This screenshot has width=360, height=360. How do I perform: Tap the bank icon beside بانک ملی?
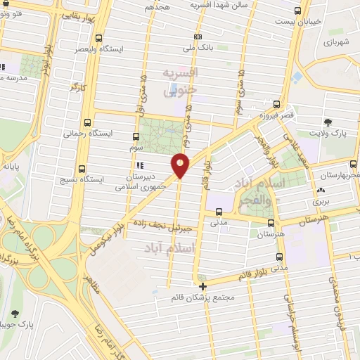coord(198,37)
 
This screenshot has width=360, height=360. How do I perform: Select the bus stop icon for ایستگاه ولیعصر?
coord(98,39)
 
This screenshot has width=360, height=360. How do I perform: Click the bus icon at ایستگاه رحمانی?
coord(86,121)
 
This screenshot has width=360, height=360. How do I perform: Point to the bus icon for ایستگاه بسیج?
coord(82,169)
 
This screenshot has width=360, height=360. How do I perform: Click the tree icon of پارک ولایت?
coord(328,122)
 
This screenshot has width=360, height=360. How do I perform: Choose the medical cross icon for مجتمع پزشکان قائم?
coord(203,285)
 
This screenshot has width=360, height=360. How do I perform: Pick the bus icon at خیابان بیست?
coord(298,11)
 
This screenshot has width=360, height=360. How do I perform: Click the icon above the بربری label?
coord(321,190)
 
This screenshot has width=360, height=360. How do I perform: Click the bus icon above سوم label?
coord(136,137)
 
